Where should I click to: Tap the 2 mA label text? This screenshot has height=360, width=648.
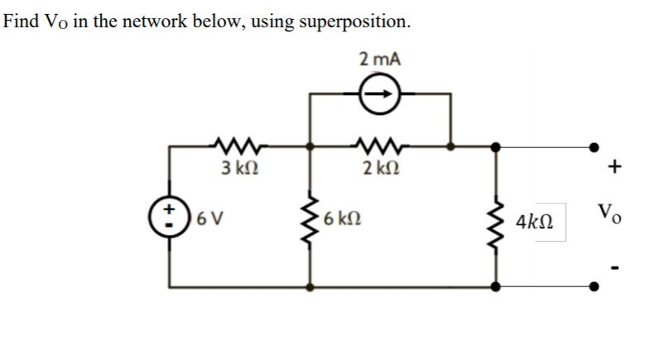point(380,59)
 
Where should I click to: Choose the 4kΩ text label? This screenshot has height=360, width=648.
point(536,223)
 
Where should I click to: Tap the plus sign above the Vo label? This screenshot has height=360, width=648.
point(613,167)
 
